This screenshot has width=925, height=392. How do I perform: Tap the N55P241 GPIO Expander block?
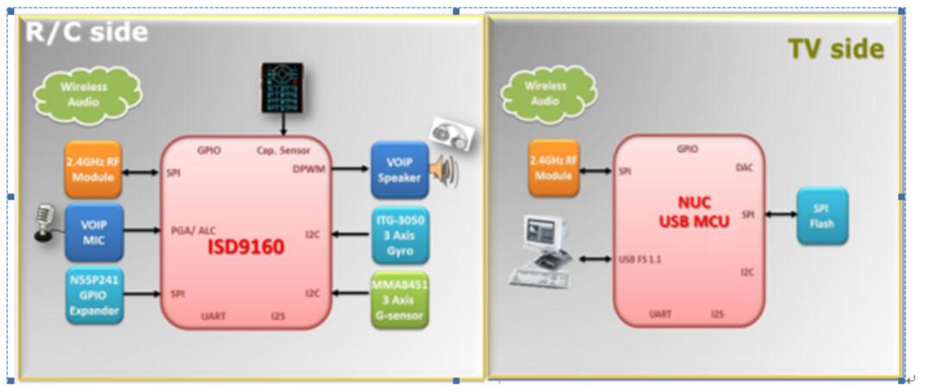pyautogui.click(x=95, y=295)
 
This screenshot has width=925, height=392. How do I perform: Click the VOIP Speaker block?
pyautogui.click(x=399, y=169)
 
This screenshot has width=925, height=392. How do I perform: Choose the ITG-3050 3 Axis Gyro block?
pyautogui.click(x=399, y=235)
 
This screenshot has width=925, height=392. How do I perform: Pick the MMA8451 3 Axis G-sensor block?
pyautogui.click(x=399, y=300)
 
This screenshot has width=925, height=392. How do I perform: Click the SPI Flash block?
pyautogui.click(x=822, y=215)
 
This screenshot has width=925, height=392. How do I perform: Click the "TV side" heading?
pyautogui.click(x=835, y=49)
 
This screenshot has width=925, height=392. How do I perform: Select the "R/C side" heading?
pyautogui.click(x=86, y=33)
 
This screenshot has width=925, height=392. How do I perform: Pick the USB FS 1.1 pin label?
pyautogui.click(x=640, y=258)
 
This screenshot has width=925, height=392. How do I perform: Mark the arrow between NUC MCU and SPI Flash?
pyautogui.click(x=778, y=215)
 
